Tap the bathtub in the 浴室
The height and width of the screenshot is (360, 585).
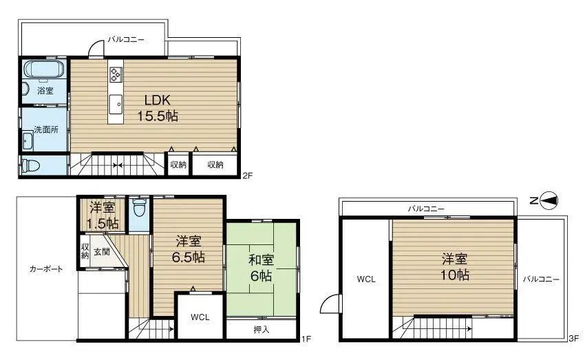44,69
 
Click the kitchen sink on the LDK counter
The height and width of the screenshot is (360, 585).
116,103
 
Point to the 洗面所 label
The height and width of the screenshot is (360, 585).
45,129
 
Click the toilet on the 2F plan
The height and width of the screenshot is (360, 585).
31,166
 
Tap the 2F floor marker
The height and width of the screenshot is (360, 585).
248,176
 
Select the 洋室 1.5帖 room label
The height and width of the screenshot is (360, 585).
102,215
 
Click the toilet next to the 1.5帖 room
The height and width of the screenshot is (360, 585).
140,207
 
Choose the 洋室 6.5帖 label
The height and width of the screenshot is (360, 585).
188,249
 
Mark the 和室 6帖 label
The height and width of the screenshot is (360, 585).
262,266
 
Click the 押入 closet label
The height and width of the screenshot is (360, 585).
262,329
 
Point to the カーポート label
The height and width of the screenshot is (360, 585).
46,269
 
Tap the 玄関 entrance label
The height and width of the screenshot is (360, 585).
102,252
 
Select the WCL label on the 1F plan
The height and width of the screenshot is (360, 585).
200,317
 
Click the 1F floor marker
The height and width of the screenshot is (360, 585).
307,339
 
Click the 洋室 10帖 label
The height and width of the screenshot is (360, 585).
455,266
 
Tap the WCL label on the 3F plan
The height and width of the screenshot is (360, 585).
365,279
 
